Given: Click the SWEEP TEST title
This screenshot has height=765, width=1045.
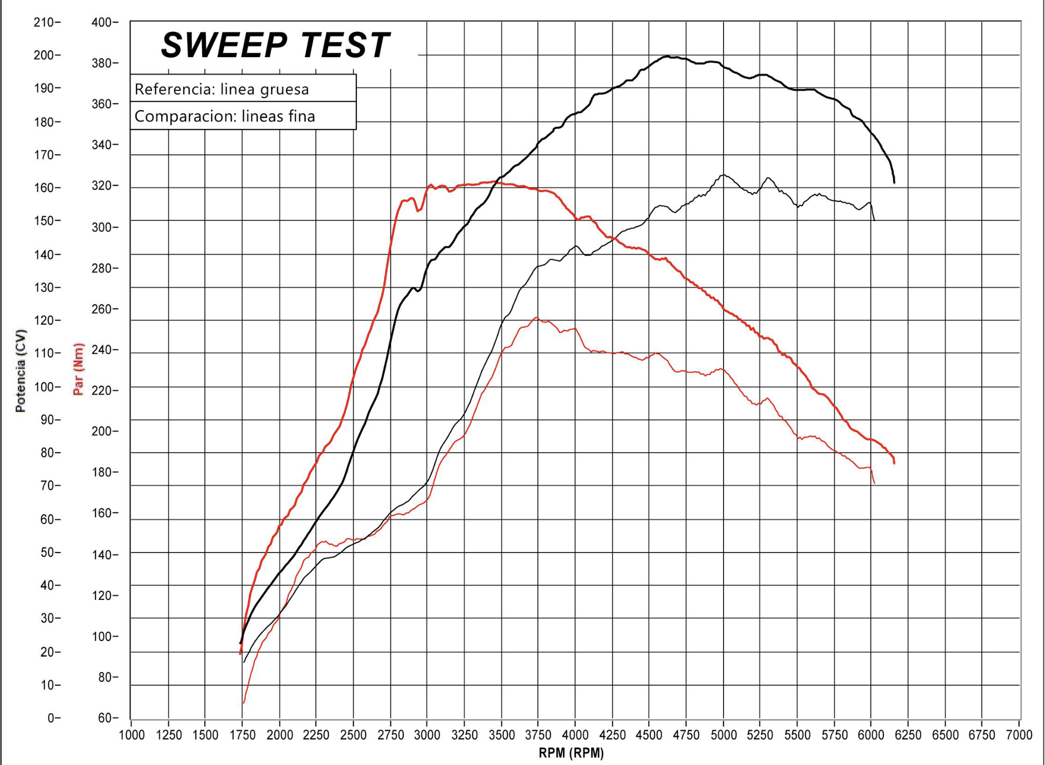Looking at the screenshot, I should tap(275, 45).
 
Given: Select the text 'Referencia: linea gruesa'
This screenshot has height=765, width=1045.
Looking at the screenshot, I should tap(222, 89).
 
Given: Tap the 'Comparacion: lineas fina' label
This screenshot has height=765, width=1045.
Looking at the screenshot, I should tap(224, 117).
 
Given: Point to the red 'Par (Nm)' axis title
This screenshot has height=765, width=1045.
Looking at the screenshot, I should tap(79, 369).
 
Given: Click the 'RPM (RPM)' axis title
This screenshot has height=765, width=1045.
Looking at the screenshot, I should tap(571, 753).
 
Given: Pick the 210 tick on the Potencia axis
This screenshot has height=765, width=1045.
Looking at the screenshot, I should tap(44, 23).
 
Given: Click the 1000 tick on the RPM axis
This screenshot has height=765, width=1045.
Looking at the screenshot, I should tap(132, 735).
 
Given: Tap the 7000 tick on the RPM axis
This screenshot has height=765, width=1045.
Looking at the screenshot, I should tap(1019, 735).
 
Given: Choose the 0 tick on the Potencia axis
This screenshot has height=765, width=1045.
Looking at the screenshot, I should tap(51, 718).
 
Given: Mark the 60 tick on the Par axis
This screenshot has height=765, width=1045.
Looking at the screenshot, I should tap(105, 718).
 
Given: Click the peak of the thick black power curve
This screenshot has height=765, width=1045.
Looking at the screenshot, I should tap(667, 56).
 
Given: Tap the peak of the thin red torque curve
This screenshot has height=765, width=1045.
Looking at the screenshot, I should tap(537, 318).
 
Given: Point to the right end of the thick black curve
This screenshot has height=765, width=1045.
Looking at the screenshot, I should tap(894, 182).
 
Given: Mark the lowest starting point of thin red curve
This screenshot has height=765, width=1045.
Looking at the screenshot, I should tap(244, 702).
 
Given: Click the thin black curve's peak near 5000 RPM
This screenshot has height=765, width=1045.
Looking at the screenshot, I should tap(723, 175).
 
